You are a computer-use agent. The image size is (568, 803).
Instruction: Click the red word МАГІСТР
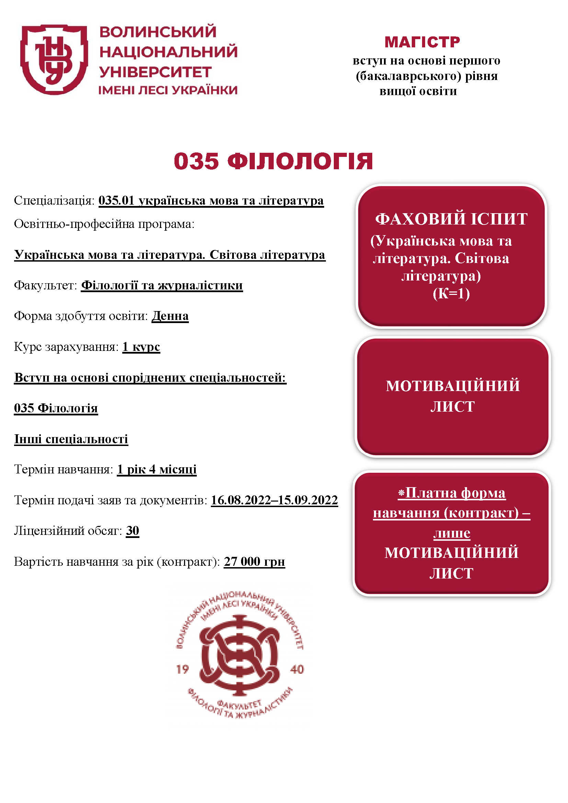tap(422, 42)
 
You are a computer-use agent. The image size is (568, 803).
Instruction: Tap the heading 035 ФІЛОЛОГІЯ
tap(273, 161)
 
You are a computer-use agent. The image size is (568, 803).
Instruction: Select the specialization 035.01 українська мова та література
tap(211, 201)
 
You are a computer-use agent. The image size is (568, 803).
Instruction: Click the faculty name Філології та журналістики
tap(162, 285)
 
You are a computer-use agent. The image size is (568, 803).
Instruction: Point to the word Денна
tap(170, 316)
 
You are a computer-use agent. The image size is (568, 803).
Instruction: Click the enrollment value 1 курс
tap(141, 347)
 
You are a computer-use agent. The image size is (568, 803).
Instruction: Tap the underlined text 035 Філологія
tap(56, 408)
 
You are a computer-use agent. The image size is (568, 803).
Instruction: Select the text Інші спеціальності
tap(71, 439)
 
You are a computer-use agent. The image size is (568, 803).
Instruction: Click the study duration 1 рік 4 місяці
tap(157, 469)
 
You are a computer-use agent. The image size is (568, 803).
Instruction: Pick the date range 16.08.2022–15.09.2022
tap(274, 500)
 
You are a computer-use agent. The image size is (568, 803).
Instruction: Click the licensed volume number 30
tap(133, 531)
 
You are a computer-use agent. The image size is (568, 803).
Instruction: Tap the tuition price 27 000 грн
tap(254, 562)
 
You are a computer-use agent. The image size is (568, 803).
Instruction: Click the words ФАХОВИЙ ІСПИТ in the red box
tap(451, 219)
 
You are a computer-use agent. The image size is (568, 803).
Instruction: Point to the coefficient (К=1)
tap(451, 294)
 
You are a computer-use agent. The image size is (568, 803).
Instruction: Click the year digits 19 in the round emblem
tap(182, 669)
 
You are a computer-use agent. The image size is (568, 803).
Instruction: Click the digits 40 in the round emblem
tap(297, 669)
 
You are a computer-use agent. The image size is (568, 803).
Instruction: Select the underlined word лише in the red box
tap(452, 533)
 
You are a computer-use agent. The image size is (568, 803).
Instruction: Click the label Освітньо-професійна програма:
tap(104, 224)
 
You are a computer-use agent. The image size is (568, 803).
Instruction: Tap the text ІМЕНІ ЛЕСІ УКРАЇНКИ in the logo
tap(168, 90)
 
